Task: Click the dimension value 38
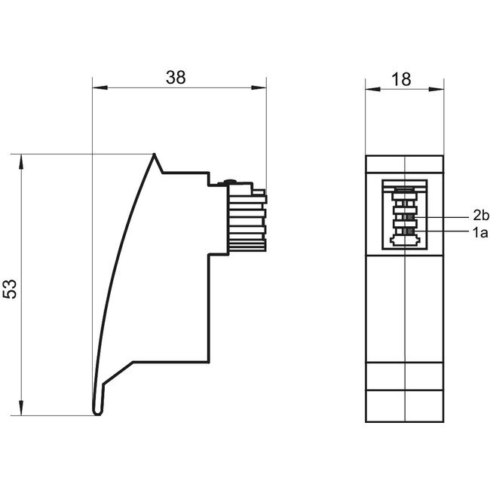click(x=176, y=77)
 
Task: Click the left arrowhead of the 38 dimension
click(x=96, y=88)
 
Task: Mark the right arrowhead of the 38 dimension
click(x=263, y=88)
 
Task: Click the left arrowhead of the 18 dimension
click(x=370, y=89)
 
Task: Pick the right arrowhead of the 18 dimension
click(x=440, y=89)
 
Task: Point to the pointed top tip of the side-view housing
click(x=155, y=156)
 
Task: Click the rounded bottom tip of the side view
click(x=97, y=411)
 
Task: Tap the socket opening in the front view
click(x=405, y=215)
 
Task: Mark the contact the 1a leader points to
click(x=408, y=232)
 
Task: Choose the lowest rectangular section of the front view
click(x=405, y=406)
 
